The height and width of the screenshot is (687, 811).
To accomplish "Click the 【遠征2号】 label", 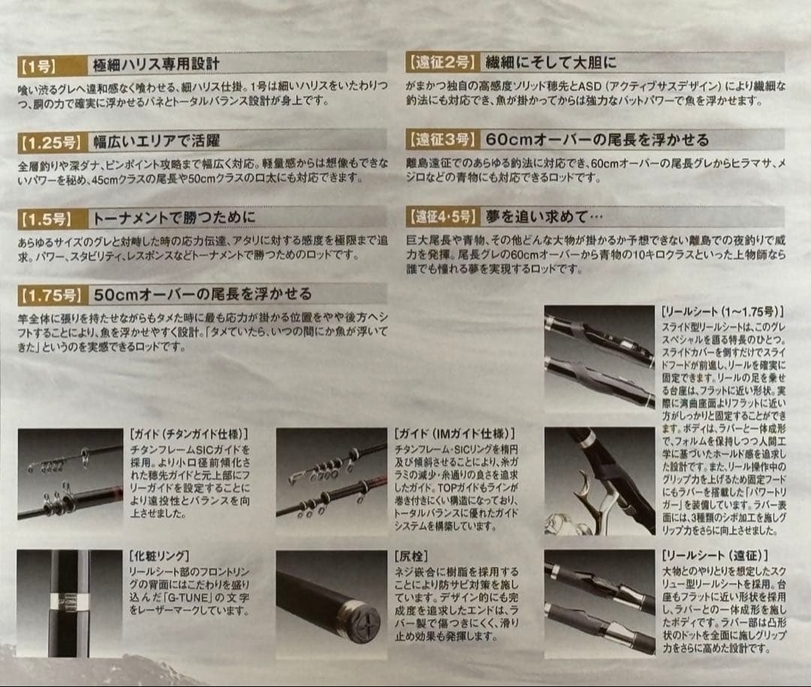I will pyautogui.click(x=441, y=62).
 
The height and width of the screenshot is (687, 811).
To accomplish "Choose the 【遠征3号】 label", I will pyautogui.click(x=441, y=140).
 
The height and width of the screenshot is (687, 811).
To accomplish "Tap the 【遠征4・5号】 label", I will pyautogui.click(x=443, y=217).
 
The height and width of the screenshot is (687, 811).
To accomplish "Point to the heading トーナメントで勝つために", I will pyautogui.click(x=173, y=218).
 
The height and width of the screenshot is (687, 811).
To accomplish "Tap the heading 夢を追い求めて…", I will pyautogui.click(x=545, y=217).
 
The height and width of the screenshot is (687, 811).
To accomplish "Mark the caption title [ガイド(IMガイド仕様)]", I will pyautogui.click(x=454, y=434).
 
